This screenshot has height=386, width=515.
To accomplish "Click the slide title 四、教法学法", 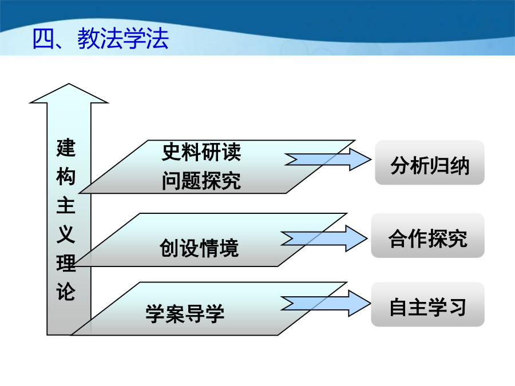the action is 101,39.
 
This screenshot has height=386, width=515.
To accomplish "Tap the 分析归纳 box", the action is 430,162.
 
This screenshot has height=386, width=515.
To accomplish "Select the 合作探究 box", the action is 427,236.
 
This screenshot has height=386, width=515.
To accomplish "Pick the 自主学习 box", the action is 427,304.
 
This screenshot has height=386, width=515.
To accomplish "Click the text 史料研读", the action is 201,152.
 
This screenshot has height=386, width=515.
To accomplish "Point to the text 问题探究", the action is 201,181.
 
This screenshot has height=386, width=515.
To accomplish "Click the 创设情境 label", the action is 199,248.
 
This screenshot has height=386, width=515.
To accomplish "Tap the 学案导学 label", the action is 185,313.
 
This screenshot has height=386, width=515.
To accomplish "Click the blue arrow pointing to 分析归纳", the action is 328,160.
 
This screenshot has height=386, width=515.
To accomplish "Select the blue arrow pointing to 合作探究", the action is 324,238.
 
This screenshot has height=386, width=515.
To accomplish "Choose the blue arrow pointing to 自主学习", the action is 326,303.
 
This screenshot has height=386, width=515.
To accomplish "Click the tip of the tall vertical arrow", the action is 69,83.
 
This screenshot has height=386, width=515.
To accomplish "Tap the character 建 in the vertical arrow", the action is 66,148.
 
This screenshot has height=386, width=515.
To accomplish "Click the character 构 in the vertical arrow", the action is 66,177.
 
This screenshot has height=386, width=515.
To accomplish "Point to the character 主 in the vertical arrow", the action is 66,205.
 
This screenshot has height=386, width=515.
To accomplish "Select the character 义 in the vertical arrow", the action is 66,234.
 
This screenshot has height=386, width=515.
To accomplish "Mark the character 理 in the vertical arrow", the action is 66,263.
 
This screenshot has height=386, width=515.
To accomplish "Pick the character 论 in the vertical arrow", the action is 66,292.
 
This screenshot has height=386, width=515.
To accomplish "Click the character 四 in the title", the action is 43,39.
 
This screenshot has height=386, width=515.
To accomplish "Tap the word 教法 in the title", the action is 100,39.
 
